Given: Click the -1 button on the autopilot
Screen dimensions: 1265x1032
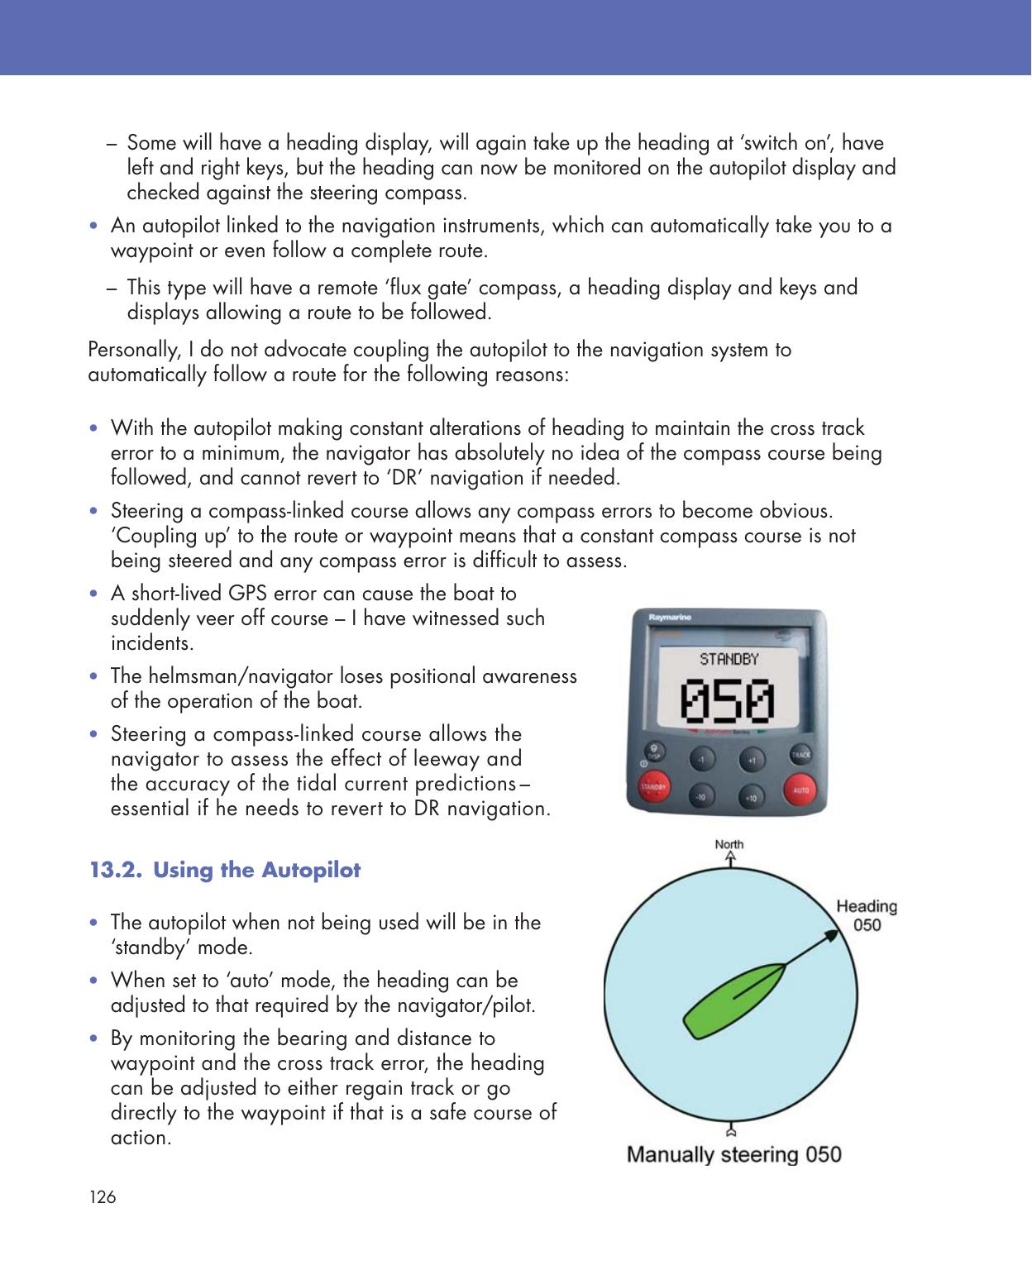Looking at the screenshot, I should click(701, 758).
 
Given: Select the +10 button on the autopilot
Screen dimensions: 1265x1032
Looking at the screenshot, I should click(751, 797).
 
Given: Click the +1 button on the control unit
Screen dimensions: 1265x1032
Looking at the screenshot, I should click(751, 758).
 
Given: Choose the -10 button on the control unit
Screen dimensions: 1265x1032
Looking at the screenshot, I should click(701, 797).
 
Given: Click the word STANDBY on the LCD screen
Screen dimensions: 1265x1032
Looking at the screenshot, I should click(729, 659).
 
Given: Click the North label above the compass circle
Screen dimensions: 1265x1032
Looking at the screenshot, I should click(729, 844).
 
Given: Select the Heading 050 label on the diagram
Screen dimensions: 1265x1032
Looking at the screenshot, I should click(866, 916).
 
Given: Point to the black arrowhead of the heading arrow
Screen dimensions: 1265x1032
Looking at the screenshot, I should click(827, 936).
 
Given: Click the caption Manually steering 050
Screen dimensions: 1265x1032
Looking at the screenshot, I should click(734, 1154).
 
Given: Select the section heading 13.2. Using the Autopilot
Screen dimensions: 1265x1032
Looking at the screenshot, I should click(225, 871).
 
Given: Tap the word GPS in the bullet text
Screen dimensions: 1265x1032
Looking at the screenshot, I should click(246, 594).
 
